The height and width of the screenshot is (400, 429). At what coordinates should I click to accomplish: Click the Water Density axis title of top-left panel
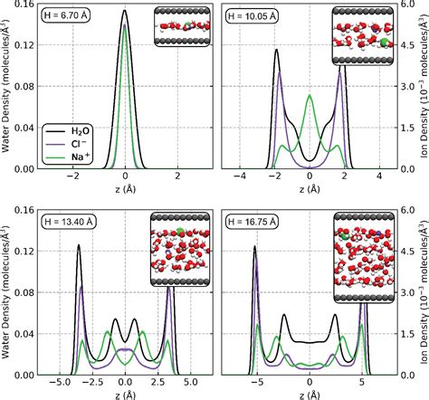[x=7, y=90]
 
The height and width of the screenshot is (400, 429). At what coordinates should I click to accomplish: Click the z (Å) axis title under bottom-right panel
[x=310, y=394]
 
